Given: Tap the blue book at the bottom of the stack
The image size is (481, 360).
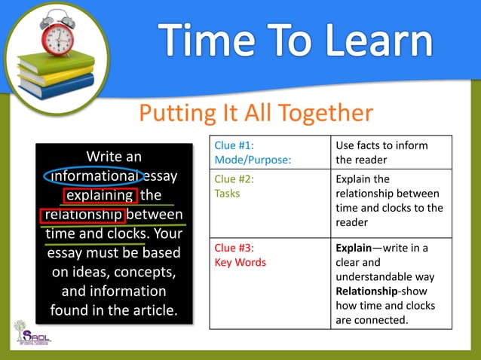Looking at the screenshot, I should tap(57, 84).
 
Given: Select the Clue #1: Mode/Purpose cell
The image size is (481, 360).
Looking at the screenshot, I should tap(269, 153).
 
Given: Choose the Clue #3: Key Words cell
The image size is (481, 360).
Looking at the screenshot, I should tap(269, 283).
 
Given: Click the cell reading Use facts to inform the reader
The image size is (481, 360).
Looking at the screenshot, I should tap(391, 153).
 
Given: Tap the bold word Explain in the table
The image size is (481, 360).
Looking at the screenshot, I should tap(357, 248).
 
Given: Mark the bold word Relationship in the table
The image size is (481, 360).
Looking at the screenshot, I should tap(369, 291).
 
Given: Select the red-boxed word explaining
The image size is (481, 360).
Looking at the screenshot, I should tap(100, 196).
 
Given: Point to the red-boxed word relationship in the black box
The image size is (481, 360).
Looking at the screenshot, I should tap(82, 215).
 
